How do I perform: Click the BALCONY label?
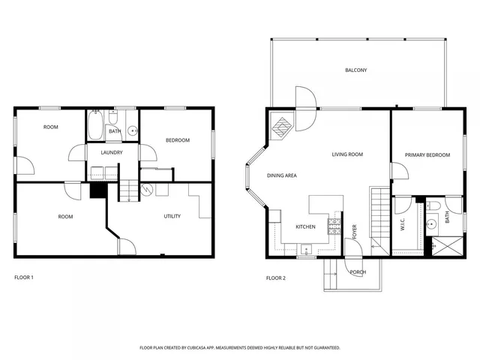(x=355, y=70)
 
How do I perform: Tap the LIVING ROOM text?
(x=347, y=154)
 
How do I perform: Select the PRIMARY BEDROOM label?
(x=427, y=155)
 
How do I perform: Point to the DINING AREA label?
(x=282, y=175)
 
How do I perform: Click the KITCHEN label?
(x=305, y=226)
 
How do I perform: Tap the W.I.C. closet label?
(x=403, y=223)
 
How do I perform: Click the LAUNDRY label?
(x=112, y=152)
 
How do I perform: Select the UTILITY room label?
(x=172, y=216)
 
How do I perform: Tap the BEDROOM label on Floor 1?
(x=177, y=140)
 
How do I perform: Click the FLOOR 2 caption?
(x=275, y=277)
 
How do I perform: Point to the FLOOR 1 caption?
(x=24, y=277)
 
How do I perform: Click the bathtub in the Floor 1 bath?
(x=96, y=126)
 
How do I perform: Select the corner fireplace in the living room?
(x=283, y=125)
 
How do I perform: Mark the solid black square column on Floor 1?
(x=96, y=191)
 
